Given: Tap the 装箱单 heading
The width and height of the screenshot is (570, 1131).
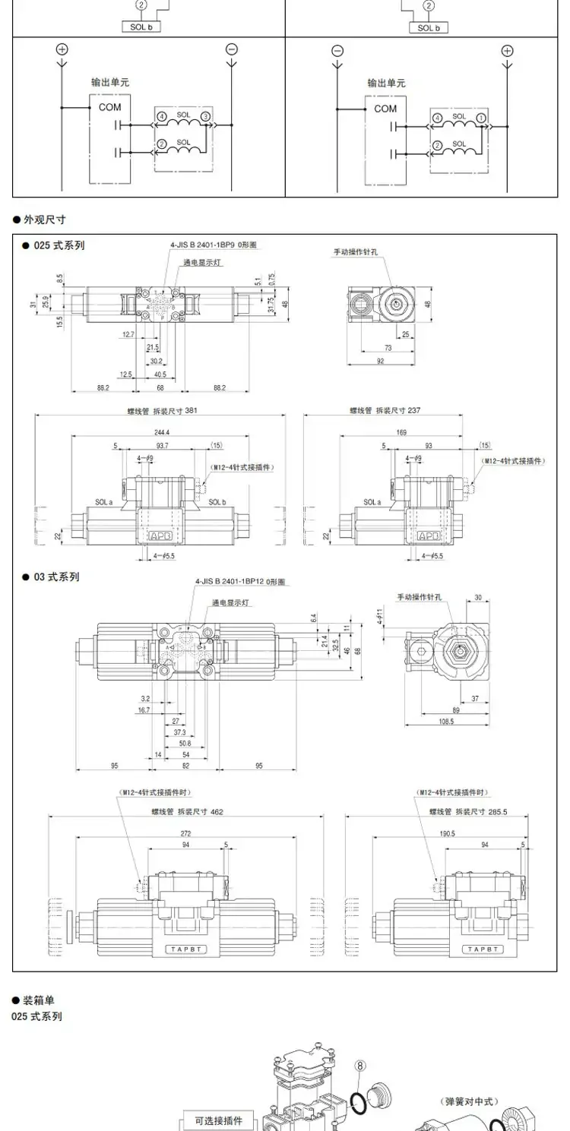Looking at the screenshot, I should (38, 1000).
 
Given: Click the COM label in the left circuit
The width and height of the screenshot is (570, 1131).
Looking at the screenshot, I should (109, 107).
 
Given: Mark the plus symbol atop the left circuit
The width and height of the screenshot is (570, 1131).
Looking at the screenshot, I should (62, 49).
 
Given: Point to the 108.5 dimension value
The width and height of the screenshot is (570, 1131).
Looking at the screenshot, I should (445, 721).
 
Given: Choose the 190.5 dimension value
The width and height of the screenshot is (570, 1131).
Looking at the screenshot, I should (447, 833).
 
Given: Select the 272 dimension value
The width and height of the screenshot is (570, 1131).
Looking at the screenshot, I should (186, 833).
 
